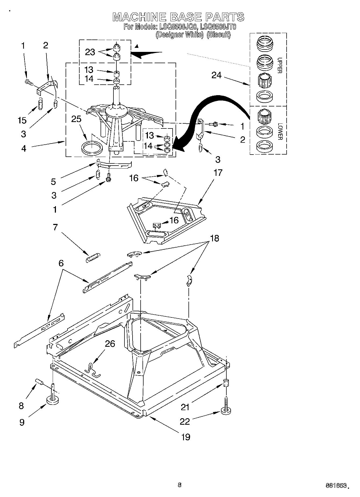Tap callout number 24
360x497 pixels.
pos(216,76)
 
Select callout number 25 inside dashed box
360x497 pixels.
pos(76,119)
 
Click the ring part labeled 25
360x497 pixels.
pos(92,148)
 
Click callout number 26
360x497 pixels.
pos(110,344)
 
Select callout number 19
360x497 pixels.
pos(186,437)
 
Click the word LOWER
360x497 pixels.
pos(280,131)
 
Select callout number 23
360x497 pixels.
pos(90,52)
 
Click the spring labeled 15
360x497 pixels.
pos(40,104)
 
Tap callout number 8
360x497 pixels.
pos(22,406)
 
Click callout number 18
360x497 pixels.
pos(214,238)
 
